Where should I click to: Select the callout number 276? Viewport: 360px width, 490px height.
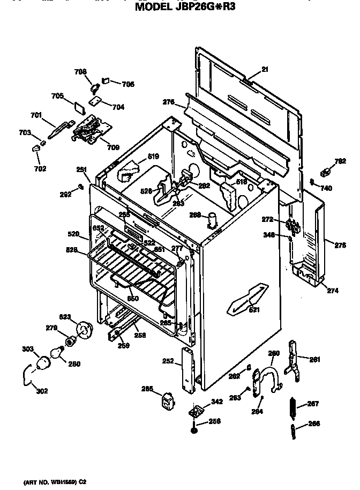tap(168, 102)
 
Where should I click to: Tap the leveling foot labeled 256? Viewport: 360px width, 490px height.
tap(192, 430)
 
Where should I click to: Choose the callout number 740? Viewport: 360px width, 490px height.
tap(326, 188)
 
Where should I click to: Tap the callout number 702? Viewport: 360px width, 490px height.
tap(40, 168)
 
